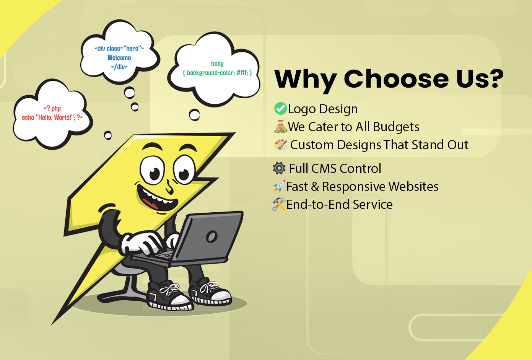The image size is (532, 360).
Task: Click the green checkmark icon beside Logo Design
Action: (280, 109)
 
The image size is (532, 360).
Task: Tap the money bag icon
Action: (280, 127)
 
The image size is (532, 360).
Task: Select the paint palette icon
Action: (281, 145)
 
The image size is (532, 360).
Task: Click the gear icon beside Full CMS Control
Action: (279, 168)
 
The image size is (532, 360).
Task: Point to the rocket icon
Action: (279, 186)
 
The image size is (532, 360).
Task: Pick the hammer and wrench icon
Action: (279, 204)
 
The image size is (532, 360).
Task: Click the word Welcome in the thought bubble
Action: (119, 58)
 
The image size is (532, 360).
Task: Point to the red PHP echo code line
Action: (52, 117)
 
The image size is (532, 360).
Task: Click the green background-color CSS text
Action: (217, 73)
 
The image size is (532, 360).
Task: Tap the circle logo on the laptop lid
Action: (211, 236)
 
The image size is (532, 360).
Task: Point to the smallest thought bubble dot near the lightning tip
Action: (108, 135)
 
